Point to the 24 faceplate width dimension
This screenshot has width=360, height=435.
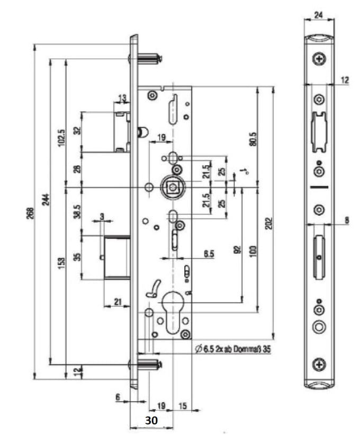point(319,15)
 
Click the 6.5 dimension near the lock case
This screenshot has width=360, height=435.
point(209,254)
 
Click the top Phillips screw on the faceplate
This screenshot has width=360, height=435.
point(319,58)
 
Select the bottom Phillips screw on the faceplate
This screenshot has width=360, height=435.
point(319,363)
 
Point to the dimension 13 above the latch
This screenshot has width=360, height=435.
point(122,98)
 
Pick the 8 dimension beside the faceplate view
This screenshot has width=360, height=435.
point(346,219)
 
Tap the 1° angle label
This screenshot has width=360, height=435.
point(244,171)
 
